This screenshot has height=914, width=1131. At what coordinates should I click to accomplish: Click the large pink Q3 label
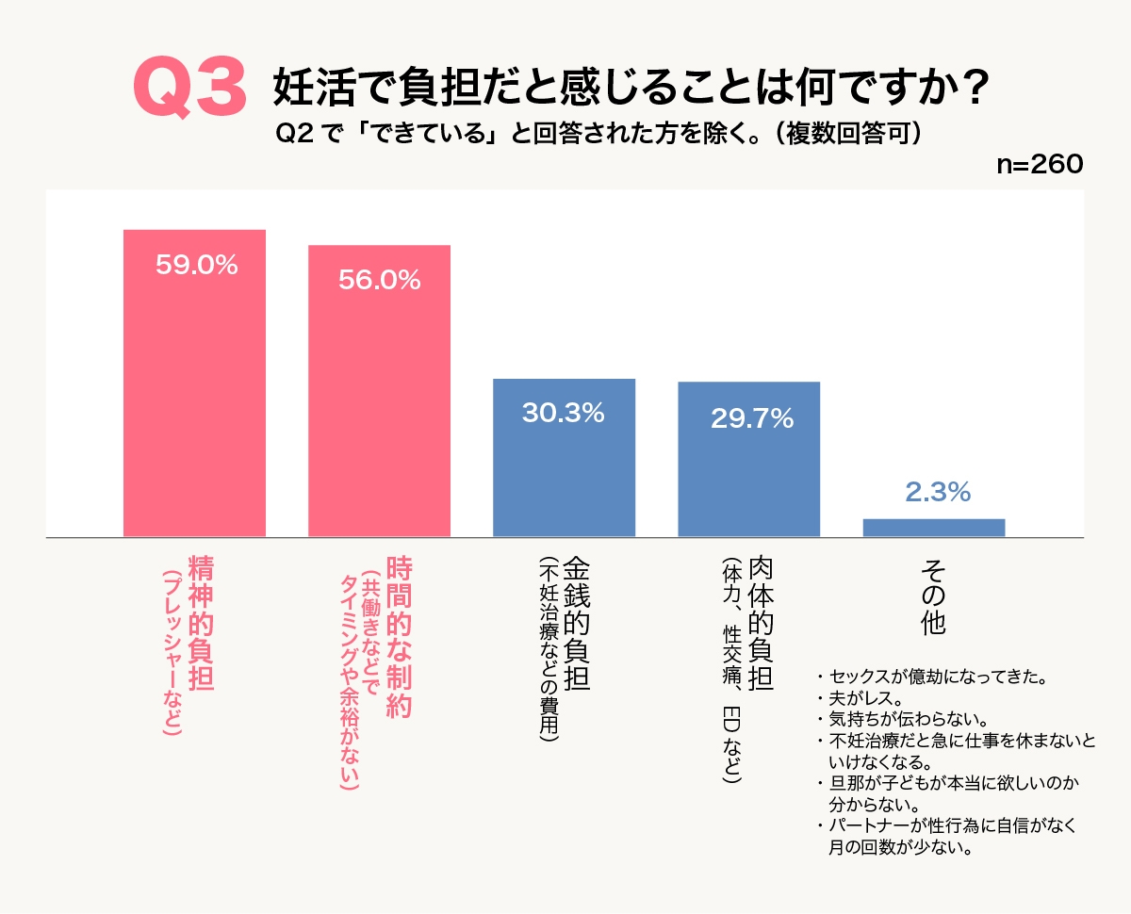click(x=189, y=88)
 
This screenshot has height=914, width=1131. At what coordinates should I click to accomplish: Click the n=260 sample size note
click(x=1040, y=164)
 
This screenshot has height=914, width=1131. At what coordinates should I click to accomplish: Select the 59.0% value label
click(x=196, y=266)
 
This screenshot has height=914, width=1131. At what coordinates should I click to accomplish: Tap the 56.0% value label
click(x=379, y=280)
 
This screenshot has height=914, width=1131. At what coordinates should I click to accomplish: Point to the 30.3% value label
click(x=564, y=413)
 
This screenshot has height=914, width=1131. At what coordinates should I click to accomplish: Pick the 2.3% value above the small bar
click(x=937, y=492)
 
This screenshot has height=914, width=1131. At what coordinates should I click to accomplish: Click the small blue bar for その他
click(x=933, y=528)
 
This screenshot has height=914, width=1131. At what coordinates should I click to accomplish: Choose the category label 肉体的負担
click(x=760, y=624)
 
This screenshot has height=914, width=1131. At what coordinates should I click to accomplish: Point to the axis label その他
click(x=933, y=596)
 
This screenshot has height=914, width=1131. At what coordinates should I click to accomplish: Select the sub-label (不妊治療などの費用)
click(x=549, y=650)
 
